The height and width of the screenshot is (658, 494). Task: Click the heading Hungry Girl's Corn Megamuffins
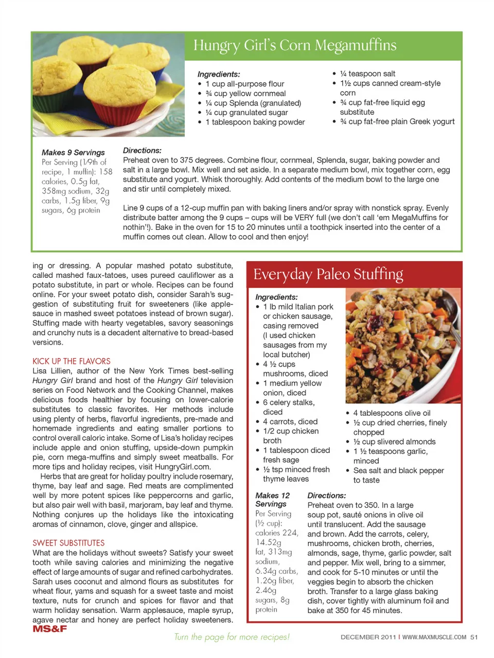click(x=295, y=45)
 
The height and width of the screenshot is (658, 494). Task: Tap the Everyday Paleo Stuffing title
click(x=328, y=274)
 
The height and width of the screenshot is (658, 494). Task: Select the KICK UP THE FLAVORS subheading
click(x=72, y=361)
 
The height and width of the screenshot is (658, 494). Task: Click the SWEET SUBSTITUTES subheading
click(x=68, y=543)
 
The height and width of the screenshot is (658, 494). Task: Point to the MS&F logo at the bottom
click(x=50, y=629)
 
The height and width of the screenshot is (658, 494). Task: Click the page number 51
click(x=474, y=637)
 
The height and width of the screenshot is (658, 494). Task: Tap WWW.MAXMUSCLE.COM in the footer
click(x=434, y=637)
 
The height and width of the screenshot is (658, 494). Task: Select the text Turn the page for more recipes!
click(x=232, y=637)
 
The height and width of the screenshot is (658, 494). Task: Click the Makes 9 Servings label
click(x=73, y=152)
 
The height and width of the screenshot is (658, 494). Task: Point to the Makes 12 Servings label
click(x=273, y=500)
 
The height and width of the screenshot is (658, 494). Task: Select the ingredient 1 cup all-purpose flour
click(x=244, y=84)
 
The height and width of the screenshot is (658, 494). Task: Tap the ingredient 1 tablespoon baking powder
click(x=255, y=122)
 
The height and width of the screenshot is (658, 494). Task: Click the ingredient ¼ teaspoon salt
click(x=367, y=74)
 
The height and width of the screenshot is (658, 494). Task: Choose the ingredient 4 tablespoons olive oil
click(x=392, y=413)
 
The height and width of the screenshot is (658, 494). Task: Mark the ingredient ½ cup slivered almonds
click(x=394, y=442)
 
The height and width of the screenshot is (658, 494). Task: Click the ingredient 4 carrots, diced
click(x=290, y=421)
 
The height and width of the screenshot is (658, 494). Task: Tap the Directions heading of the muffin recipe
click(x=142, y=150)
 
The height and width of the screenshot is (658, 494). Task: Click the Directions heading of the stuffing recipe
click(x=327, y=495)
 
